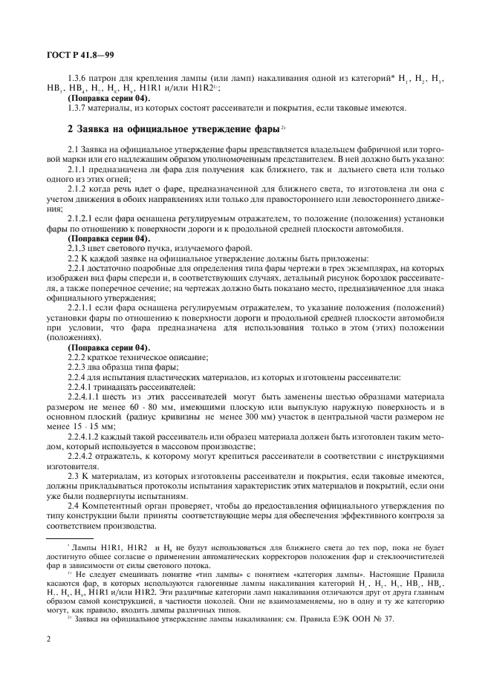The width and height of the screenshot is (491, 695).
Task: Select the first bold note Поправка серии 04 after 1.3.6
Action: click(108, 99)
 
